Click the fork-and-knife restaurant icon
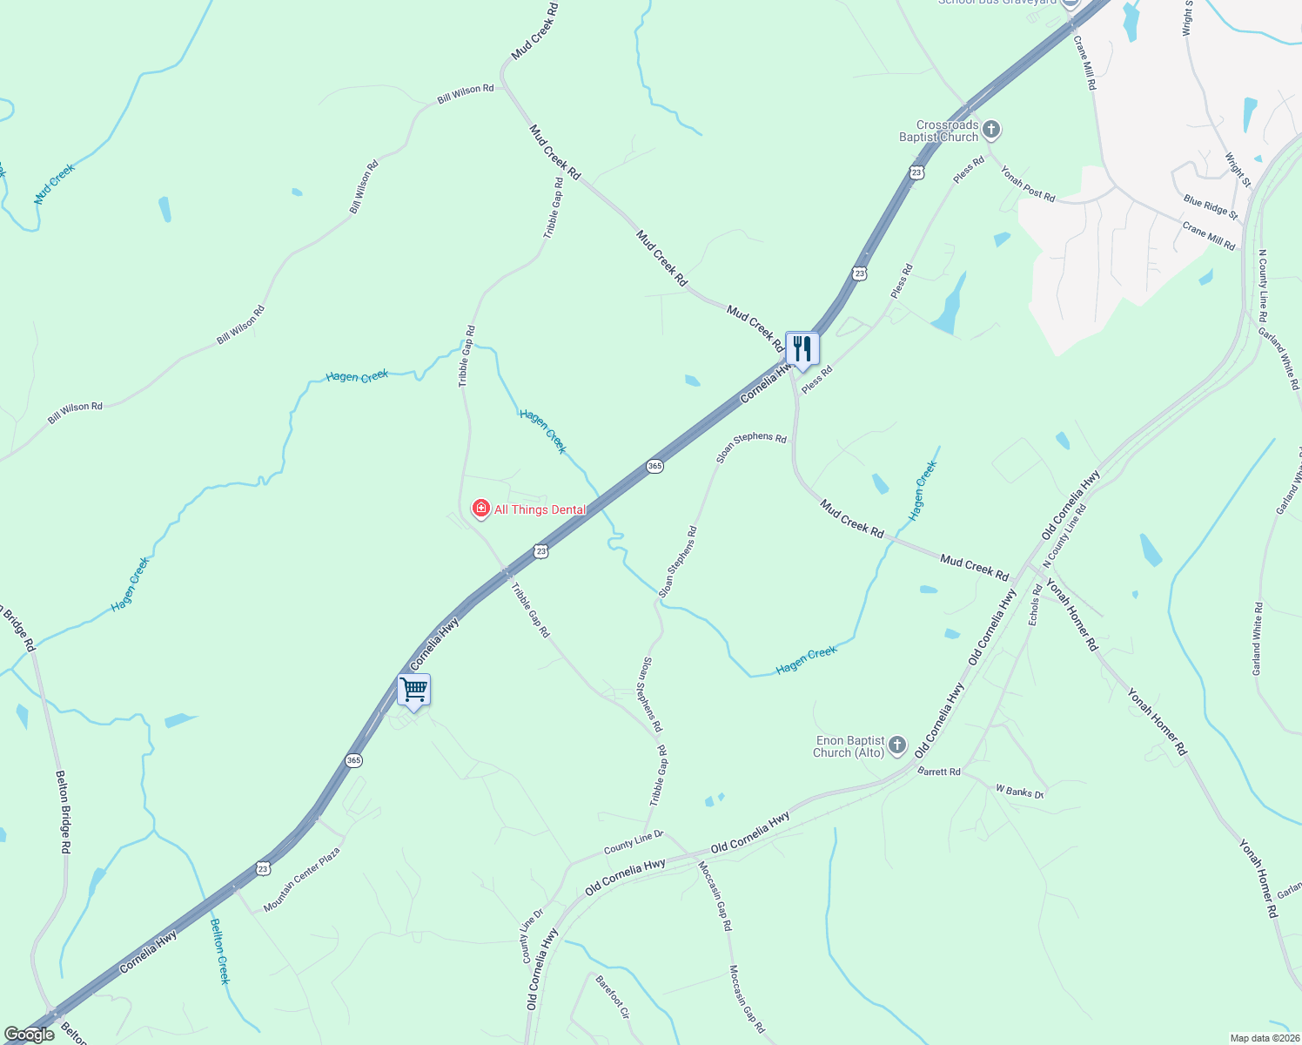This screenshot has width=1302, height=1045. [802, 349]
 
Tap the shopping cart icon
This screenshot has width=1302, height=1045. [414, 691]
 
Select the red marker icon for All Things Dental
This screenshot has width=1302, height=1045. [480, 509]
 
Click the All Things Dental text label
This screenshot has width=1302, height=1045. [540, 509]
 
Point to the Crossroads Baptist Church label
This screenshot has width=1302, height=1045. [939, 131]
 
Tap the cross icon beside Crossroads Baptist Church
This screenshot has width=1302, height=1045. [991, 131]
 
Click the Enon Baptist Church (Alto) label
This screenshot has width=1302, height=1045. [849, 746]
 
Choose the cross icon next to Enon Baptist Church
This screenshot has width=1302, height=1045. [898, 746]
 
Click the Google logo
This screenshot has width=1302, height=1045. [30, 1035]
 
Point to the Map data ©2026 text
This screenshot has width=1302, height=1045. [1264, 1038]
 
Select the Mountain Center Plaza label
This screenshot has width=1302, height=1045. [301, 880]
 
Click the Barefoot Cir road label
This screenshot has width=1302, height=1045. [613, 997]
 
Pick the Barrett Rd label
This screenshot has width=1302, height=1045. [939, 772]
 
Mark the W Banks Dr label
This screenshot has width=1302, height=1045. [1019, 792]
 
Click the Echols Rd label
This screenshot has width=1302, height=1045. [1035, 604]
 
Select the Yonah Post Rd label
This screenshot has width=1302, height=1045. [1027, 184]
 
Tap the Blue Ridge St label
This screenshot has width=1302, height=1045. [1210, 206]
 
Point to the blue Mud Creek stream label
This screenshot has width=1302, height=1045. [55, 184]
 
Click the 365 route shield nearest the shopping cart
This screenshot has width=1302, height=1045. [353, 760]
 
